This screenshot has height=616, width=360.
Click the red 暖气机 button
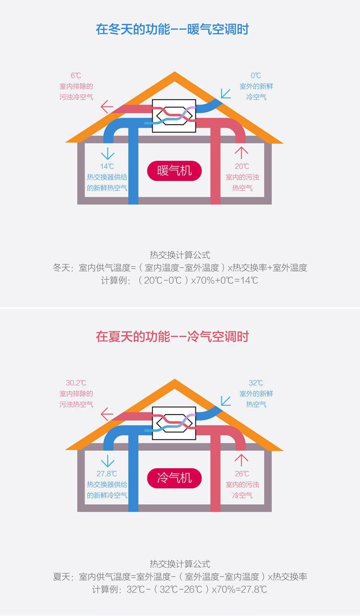point(174,170)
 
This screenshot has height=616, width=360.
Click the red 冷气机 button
point(174,478)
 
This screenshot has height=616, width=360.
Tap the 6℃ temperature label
point(76,75)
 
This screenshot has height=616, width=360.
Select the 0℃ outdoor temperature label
point(256,75)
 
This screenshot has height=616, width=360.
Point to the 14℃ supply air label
point(107,166)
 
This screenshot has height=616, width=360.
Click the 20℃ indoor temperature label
point(242,166)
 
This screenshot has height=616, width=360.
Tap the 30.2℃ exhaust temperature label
point(76,383)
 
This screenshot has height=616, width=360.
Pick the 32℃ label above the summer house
point(256,383)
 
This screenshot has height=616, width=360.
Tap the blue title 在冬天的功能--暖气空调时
point(172,29)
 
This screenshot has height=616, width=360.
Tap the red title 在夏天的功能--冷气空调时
point(172,336)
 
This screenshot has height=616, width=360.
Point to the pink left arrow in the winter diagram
point(107,106)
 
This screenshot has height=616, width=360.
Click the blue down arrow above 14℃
point(107,153)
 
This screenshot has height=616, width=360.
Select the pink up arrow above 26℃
point(241,460)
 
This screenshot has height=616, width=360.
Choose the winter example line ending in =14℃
point(180,280)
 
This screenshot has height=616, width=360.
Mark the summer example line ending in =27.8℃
point(180,589)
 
